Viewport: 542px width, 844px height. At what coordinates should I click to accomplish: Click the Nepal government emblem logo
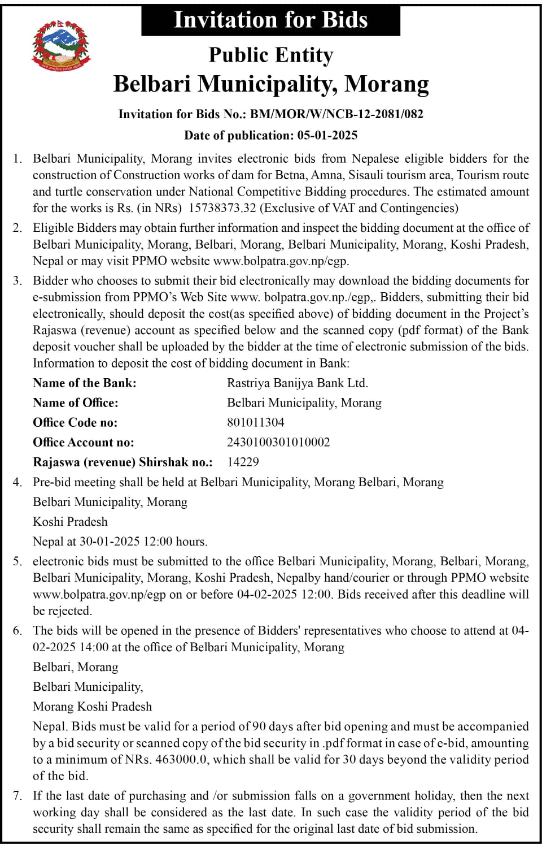click(61, 45)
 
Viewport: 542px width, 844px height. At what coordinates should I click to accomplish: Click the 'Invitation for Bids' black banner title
click(270, 20)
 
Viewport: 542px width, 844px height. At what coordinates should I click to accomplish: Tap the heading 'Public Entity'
click(271, 55)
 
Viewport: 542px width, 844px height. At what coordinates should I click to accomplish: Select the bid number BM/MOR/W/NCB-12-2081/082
click(336, 114)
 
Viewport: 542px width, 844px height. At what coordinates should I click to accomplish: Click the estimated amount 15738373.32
click(222, 208)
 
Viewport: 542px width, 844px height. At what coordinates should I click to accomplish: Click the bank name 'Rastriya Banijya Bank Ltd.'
click(298, 383)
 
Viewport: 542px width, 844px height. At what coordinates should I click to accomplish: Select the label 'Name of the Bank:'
click(85, 383)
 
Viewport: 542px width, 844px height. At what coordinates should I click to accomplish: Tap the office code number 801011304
click(255, 423)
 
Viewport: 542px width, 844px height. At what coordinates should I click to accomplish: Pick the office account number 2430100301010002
click(278, 443)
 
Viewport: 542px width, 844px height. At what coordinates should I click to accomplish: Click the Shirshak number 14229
click(243, 462)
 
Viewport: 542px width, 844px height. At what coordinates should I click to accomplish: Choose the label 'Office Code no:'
click(75, 423)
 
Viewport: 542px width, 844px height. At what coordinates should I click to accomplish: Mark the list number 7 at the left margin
click(18, 796)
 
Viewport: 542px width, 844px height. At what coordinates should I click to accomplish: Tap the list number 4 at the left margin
click(18, 482)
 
